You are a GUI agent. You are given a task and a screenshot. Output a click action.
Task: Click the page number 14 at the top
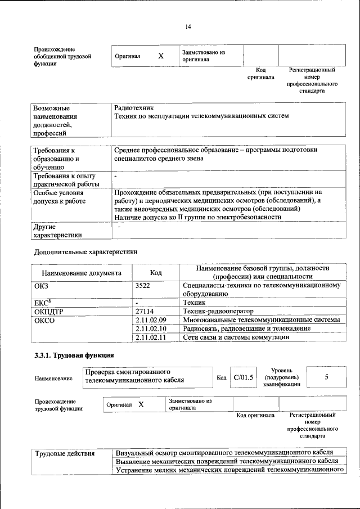pos(188,26)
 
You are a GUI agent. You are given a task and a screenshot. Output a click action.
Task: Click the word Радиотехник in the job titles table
pos(133,107)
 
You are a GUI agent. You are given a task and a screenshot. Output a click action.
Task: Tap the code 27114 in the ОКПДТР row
pos(145,311)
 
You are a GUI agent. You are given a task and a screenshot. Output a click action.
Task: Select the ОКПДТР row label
pos(49,311)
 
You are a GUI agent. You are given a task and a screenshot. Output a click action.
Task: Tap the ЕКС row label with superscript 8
pos(43,303)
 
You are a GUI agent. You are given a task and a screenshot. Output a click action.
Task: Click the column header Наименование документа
pos(82,273)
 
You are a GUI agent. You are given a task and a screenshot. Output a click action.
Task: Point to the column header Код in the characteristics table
pos(156,273)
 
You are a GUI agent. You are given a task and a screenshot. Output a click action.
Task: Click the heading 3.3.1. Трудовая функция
pos(74,355)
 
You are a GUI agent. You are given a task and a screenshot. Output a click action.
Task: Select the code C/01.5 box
pos(244,377)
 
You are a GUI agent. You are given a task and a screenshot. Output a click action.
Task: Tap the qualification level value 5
pos(326,377)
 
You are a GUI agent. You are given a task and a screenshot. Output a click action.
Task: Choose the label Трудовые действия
pos(65,453)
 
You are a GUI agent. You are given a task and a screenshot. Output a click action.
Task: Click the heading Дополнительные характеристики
pos(85,252)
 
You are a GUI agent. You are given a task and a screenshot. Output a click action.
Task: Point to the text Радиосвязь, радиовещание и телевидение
pos(247,328)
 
